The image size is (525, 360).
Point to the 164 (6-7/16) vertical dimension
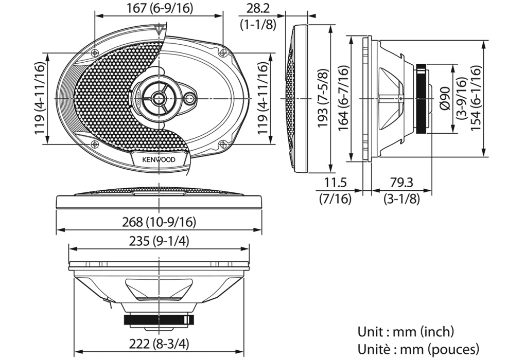coord(344,98)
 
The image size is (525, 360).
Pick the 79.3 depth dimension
coord(401,182)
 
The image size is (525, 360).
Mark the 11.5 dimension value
coord(336,182)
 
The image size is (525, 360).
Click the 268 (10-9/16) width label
coord(160,222)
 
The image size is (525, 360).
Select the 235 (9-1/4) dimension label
coord(160,241)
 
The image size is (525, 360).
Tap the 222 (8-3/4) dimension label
coord(160,343)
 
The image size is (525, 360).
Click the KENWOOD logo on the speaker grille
coord(159,160)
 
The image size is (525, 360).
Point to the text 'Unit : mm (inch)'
coord(406,332)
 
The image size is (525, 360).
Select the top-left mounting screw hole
coord(95,53)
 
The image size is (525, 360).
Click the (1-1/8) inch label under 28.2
coord(258,24)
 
